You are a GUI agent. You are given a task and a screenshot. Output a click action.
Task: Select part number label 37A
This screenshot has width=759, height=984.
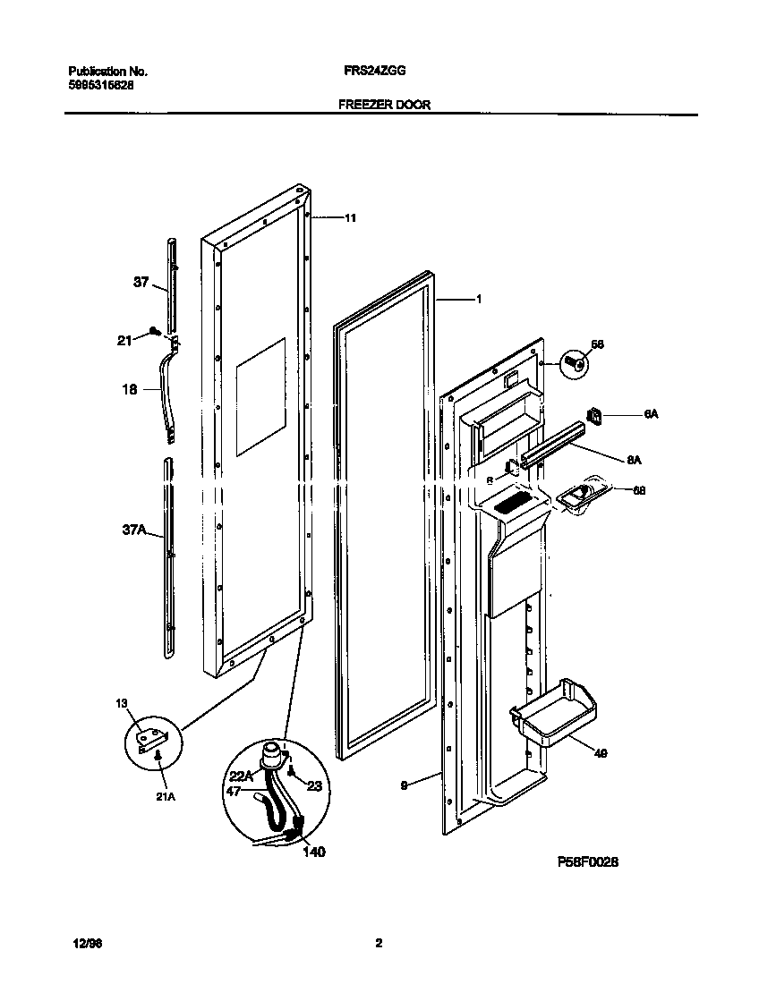pyautogui.click(x=133, y=530)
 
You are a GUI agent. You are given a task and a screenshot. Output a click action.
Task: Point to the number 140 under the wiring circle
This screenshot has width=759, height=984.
pyautogui.click(x=313, y=852)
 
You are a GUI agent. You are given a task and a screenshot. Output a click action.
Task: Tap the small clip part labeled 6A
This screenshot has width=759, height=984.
pyautogui.click(x=594, y=413)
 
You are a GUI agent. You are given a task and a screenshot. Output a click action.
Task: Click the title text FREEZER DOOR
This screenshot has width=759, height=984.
pyautogui.click(x=384, y=105)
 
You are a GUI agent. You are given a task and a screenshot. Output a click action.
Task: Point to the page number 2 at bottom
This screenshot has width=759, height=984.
pyautogui.click(x=379, y=943)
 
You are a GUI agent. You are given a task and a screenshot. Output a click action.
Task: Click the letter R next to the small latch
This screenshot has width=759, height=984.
pyautogui.click(x=490, y=480)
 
